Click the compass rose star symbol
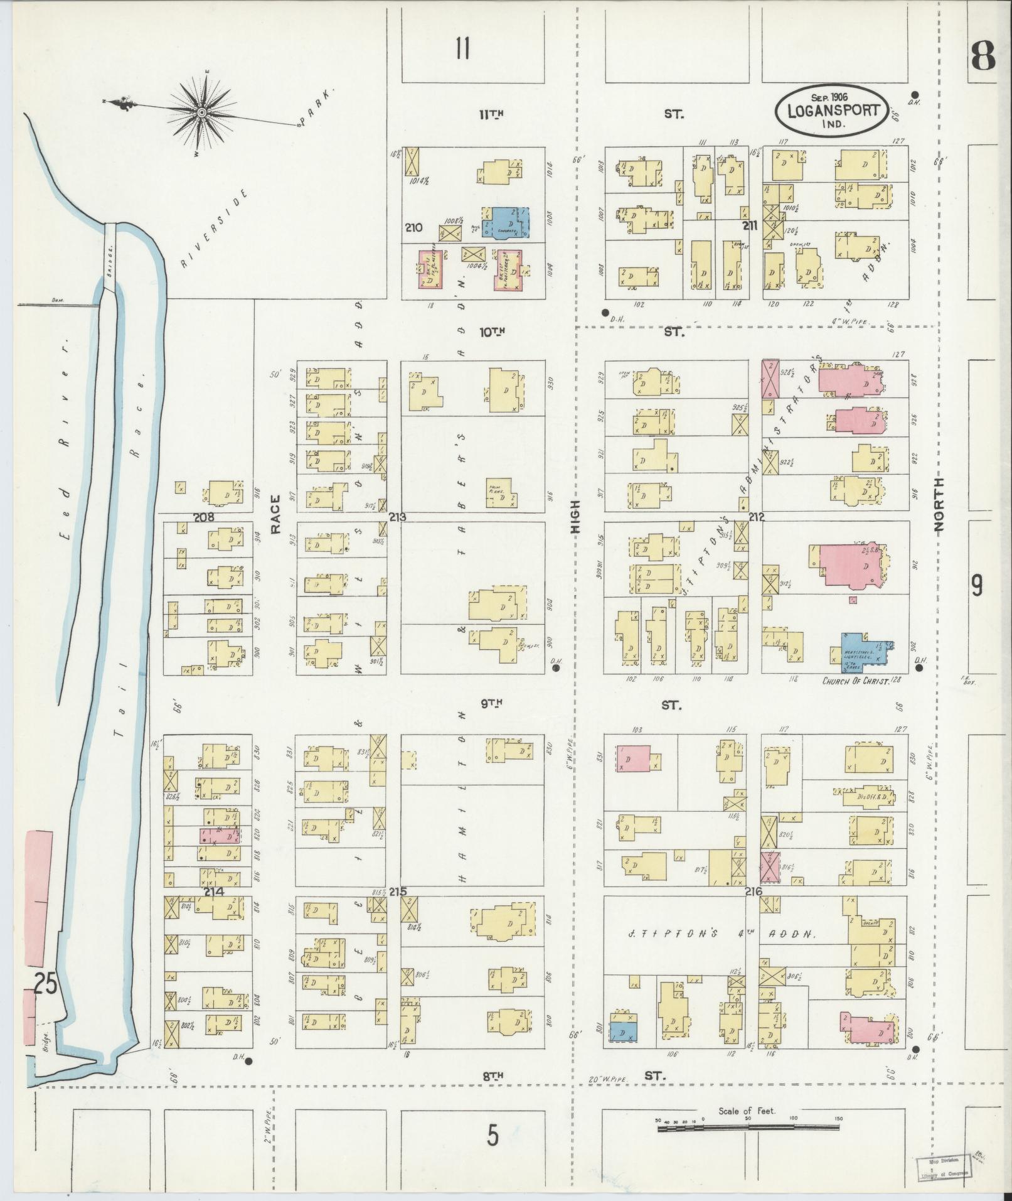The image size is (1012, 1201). [x=202, y=112]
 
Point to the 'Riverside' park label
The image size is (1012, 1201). [x=213, y=229]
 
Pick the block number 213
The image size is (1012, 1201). [x=398, y=518]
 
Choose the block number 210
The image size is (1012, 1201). [x=414, y=228]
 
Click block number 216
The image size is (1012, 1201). [x=754, y=891]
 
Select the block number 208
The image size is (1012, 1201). [x=205, y=517]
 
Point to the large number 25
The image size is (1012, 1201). [x=45, y=1003]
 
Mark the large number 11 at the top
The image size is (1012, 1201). [x=463, y=48]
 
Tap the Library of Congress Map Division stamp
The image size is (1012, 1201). [x=942, y=1166]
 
